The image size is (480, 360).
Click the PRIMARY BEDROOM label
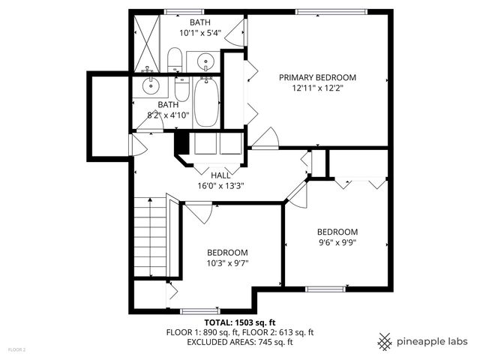(317, 77)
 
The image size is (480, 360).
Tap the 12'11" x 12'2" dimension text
(317, 88)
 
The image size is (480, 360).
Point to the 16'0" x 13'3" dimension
(220, 185)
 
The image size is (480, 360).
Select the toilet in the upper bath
(175, 60)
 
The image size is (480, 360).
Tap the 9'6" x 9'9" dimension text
(337, 242)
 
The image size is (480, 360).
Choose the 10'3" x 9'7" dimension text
(226, 263)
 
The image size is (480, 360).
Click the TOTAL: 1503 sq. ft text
(239, 322)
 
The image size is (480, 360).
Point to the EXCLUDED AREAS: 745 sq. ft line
(239, 342)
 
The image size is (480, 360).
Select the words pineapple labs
(434, 341)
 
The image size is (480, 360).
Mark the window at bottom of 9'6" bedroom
(325, 289)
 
